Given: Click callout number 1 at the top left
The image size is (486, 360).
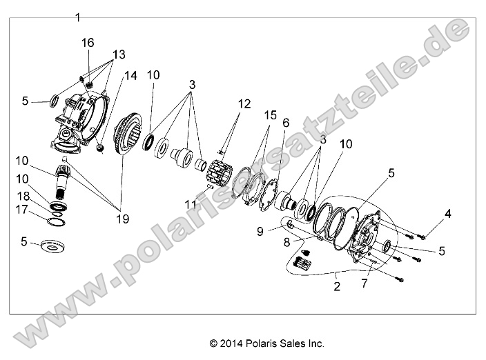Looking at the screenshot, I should (x=78, y=16).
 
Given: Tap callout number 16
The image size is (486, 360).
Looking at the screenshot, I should (x=88, y=43).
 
